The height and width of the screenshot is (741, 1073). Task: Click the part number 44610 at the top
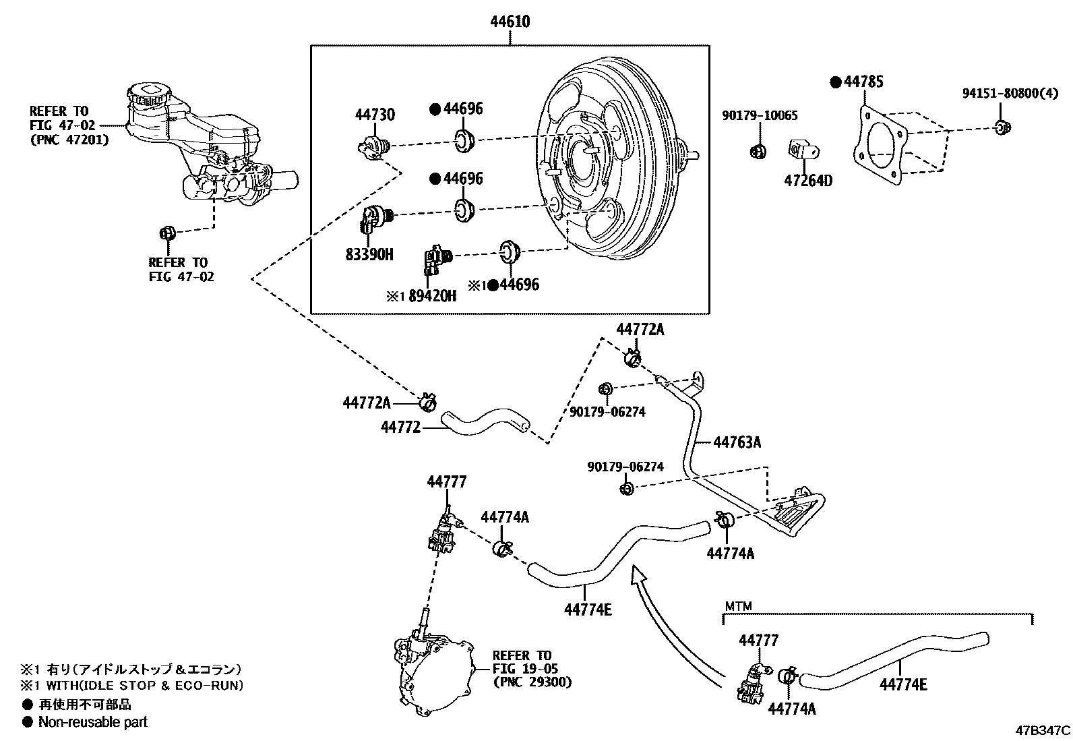(510, 22)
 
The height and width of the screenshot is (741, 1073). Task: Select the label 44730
(375, 115)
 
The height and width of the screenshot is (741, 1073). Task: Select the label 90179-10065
(760, 116)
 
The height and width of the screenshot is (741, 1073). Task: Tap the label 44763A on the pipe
(737, 442)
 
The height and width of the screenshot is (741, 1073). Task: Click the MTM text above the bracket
(738, 606)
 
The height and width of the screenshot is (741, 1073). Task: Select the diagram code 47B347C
(1043, 730)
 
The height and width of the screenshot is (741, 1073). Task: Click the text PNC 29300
(532, 682)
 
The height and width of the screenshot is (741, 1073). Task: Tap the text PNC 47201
(69, 140)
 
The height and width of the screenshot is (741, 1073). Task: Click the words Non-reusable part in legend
(92, 722)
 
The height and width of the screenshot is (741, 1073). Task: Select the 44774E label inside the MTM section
(902, 684)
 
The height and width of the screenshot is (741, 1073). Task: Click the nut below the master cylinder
(166, 233)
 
